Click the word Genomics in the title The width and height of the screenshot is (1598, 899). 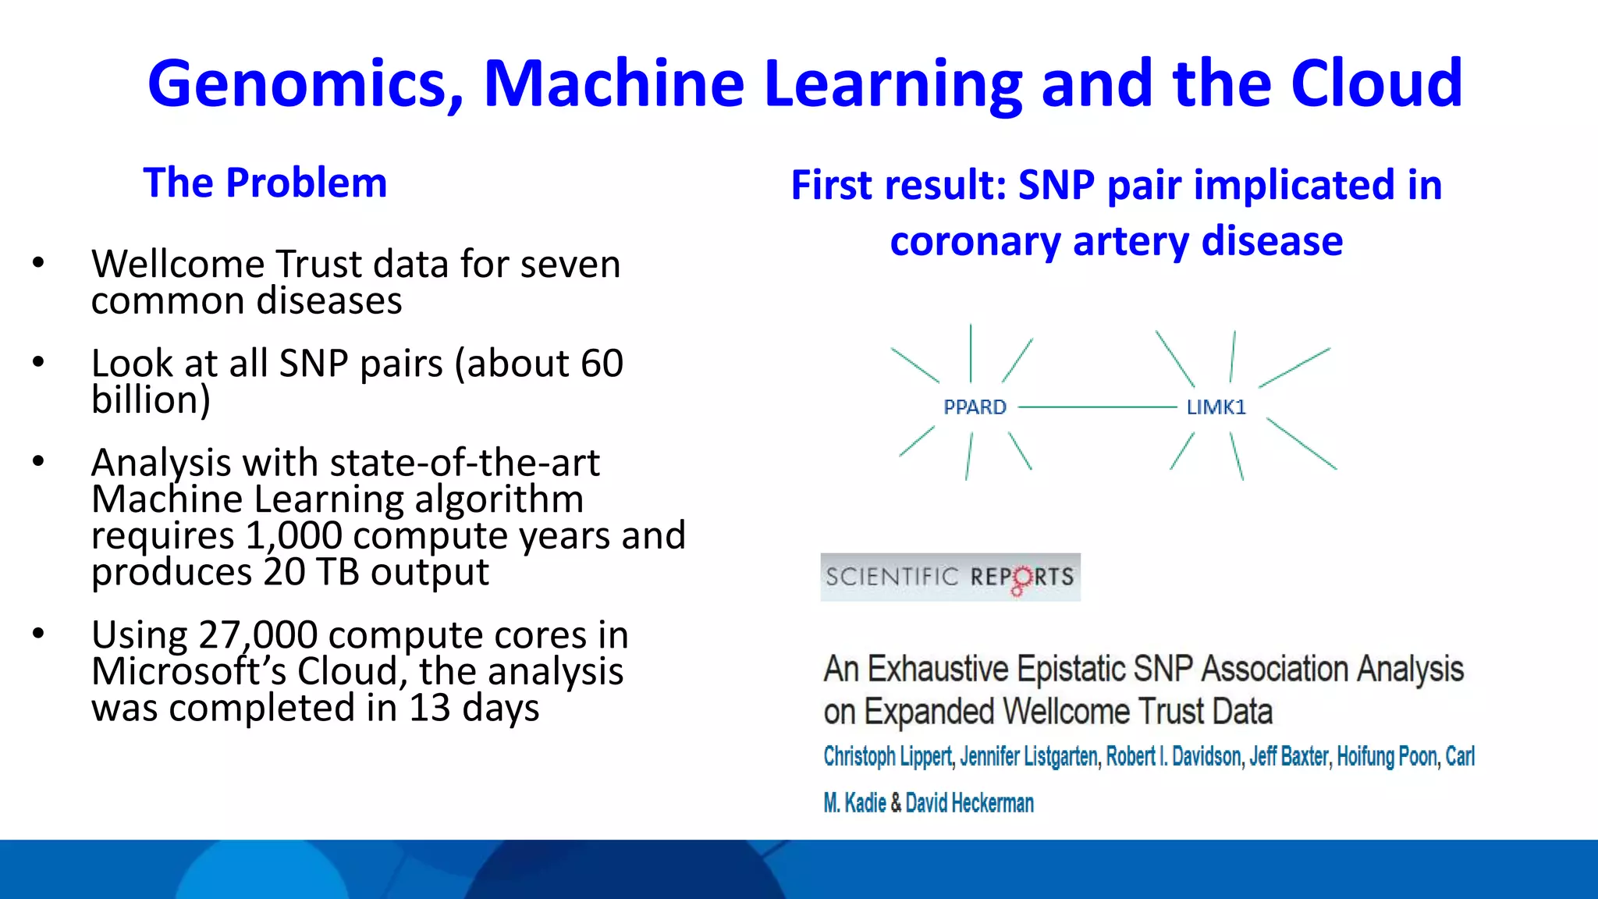coord(305,84)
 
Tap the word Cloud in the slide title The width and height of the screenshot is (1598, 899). coord(1376,84)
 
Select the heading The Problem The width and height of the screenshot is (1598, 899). coord(265,183)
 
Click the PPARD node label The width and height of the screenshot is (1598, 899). coord(975,407)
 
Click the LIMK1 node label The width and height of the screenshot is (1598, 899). coord(1216,407)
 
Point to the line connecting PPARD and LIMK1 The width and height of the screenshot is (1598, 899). coord(1096,407)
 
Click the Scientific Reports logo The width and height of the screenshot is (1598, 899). coord(950,577)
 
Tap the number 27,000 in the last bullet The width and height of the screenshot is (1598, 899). coord(257,635)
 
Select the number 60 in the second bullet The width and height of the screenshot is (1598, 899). coord(602,364)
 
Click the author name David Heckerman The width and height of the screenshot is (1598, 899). coord(969,803)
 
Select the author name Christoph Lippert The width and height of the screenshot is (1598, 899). coord(887,756)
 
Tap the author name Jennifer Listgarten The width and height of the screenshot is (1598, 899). coord(1028,756)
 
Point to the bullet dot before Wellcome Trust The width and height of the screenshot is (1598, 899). coord(38,263)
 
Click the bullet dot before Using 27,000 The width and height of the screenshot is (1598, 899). coord(38,634)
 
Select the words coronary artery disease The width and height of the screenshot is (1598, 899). coord(1116,241)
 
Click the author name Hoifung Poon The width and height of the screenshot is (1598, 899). coord(1387,756)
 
